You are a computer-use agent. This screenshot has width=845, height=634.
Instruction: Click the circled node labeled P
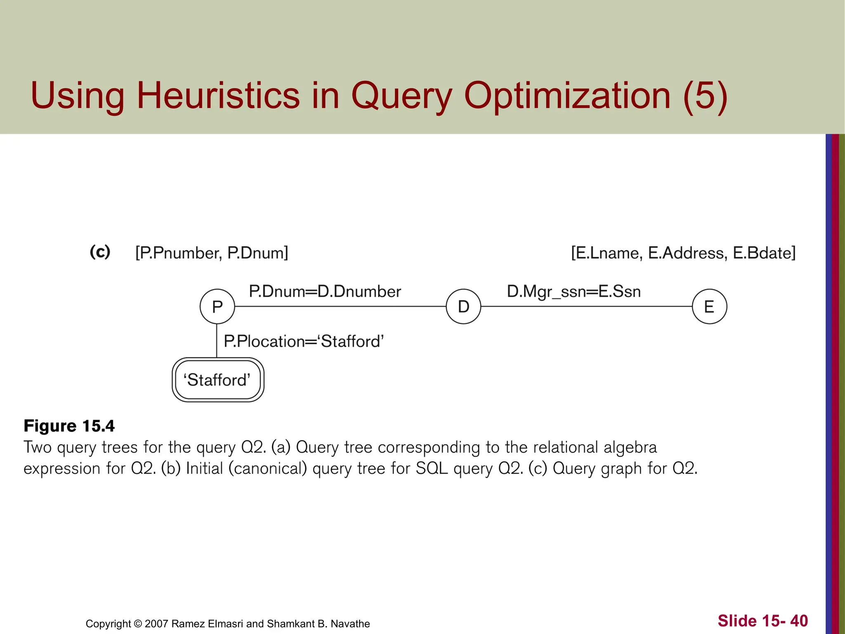pyautogui.click(x=217, y=307)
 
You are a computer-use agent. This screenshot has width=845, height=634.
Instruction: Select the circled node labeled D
pyautogui.click(x=463, y=307)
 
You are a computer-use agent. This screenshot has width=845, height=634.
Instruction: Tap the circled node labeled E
pyautogui.click(x=709, y=307)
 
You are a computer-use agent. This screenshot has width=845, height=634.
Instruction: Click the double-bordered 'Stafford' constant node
pyautogui.click(x=218, y=380)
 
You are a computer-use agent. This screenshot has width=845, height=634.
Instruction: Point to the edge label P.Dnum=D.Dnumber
pyautogui.click(x=325, y=291)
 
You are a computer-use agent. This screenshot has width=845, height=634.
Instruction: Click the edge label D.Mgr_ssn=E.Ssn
pyautogui.click(x=574, y=291)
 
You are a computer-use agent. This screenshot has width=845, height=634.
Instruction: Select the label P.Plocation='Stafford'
pyautogui.click(x=304, y=341)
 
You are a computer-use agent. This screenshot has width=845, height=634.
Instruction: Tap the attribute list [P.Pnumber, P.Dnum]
pyautogui.click(x=212, y=253)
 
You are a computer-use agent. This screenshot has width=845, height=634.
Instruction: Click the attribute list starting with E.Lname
pyautogui.click(x=683, y=253)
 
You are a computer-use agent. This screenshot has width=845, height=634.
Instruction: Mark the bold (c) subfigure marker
pyautogui.click(x=100, y=251)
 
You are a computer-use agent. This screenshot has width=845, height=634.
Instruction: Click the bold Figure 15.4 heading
pyautogui.click(x=69, y=426)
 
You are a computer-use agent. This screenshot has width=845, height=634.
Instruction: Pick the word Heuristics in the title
pyautogui.click(x=218, y=95)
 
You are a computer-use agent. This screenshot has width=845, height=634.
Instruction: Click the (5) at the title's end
pyautogui.click(x=705, y=95)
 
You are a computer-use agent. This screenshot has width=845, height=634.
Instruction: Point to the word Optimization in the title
pyautogui.click(x=567, y=95)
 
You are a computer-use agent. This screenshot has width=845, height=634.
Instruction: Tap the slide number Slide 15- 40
pyautogui.click(x=762, y=621)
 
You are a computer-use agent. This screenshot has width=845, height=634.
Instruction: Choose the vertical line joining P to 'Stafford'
pyautogui.click(x=217, y=341)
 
